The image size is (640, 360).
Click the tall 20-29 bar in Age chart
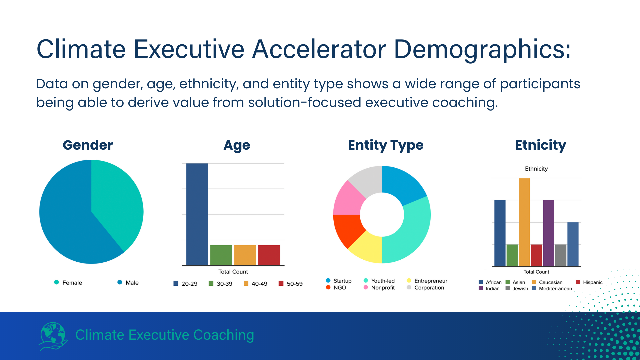[x=197, y=214]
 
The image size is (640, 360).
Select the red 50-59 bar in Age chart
[x=269, y=255]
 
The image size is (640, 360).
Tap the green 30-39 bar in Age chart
[x=221, y=255]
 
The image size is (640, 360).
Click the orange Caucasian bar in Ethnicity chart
[x=524, y=222]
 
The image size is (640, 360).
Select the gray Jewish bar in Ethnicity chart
[x=561, y=255]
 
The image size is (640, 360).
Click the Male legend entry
[x=128, y=283]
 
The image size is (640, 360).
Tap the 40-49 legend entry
[x=256, y=284]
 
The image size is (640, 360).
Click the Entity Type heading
[x=385, y=145]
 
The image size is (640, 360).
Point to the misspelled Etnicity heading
[x=540, y=145]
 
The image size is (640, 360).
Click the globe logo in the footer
[x=53, y=335]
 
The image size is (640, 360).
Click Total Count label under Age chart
[x=233, y=272]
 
